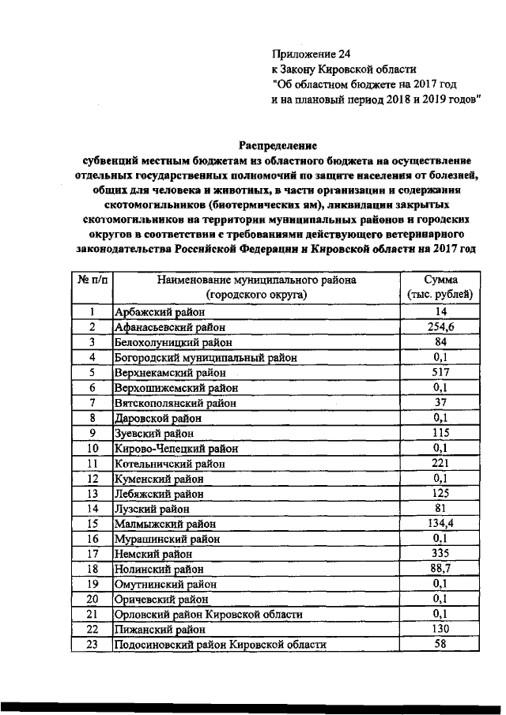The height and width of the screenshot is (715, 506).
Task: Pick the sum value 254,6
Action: tap(440, 327)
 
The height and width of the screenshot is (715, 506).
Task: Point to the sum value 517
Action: tap(440, 372)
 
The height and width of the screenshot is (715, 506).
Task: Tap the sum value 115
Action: tap(440, 433)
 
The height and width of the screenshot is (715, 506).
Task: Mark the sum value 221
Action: tap(440, 463)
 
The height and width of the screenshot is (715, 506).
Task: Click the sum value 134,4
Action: tap(440, 524)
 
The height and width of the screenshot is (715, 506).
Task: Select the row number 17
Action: tap(93, 554)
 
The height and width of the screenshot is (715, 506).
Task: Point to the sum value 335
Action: tap(440, 554)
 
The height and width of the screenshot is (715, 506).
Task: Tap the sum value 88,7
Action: tap(440, 569)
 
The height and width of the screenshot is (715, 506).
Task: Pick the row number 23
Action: tap(93, 645)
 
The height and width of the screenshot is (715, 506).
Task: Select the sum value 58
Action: tap(440, 645)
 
